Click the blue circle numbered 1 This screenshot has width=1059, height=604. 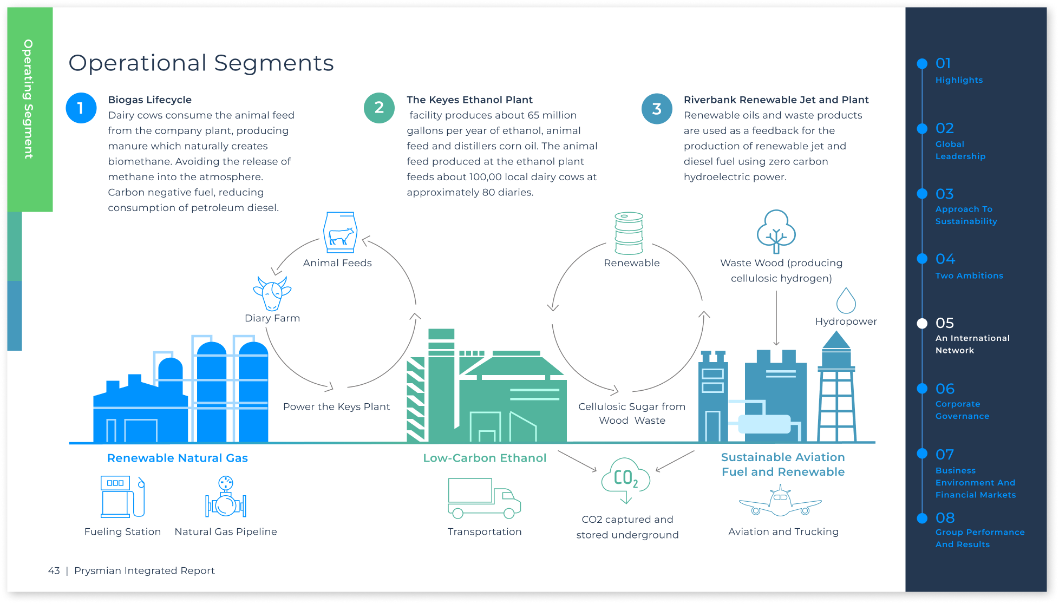click(x=81, y=108)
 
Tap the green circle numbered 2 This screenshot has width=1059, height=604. click(x=379, y=108)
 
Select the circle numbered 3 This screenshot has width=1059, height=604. click(x=657, y=108)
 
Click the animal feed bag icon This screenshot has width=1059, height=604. click(x=339, y=232)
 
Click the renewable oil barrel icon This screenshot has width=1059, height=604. click(x=629, y=233)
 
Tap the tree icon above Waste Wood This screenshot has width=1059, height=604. click(x=776, y=232)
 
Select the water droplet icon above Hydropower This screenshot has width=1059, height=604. click(x=846, y=300)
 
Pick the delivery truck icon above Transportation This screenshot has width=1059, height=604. click(x=484, y=498)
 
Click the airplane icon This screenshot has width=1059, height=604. click(x=780, y=501)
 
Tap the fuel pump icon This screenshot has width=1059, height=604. click(x=122, y=497)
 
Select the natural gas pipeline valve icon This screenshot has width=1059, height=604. click(x=226, y=497)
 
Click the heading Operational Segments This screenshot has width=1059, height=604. click(x=201, y=63)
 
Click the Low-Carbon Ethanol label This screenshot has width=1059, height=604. click(x=485, y=458)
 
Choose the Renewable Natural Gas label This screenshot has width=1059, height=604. click(x=177, y=458)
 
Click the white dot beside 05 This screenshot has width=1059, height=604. click(x=922, y=324)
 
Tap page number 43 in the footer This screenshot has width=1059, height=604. click(x=54, y=570)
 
